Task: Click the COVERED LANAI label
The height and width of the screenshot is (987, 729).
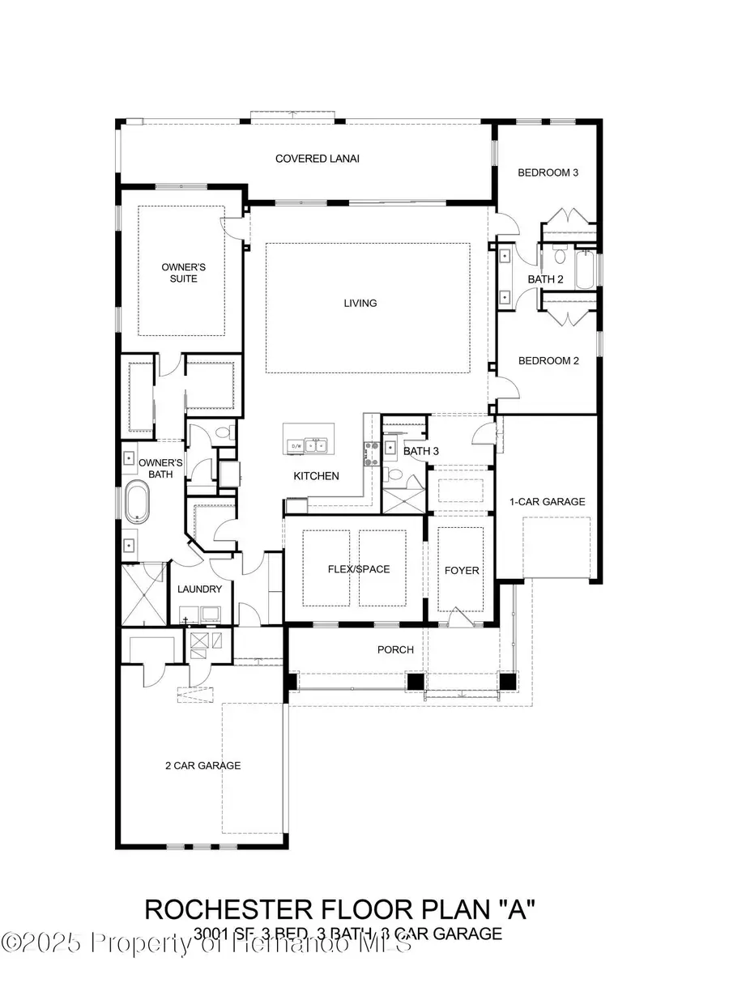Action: click(317, 159)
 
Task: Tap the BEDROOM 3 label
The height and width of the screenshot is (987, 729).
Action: click(548, 172)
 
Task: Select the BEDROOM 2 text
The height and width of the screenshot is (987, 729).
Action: click(548, 361)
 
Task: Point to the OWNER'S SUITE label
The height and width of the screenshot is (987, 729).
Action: click(179, 272)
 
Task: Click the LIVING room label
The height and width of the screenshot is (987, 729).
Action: click(360, 304)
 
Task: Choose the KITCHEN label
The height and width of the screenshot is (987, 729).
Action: click(316, 476)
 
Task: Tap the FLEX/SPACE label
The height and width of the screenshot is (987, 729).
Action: click(358, 569)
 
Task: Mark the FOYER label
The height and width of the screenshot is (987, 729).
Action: click(462, 570)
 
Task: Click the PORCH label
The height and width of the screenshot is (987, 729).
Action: click(395, 649)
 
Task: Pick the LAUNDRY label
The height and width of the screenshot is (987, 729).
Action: click(199, 589)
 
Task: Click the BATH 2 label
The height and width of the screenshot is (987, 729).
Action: click(545, 279)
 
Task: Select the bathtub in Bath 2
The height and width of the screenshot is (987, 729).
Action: click(585, 268)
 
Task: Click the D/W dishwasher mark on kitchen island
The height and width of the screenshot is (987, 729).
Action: click(296, 445)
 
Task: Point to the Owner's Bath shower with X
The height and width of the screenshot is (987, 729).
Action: click(141, 594)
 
